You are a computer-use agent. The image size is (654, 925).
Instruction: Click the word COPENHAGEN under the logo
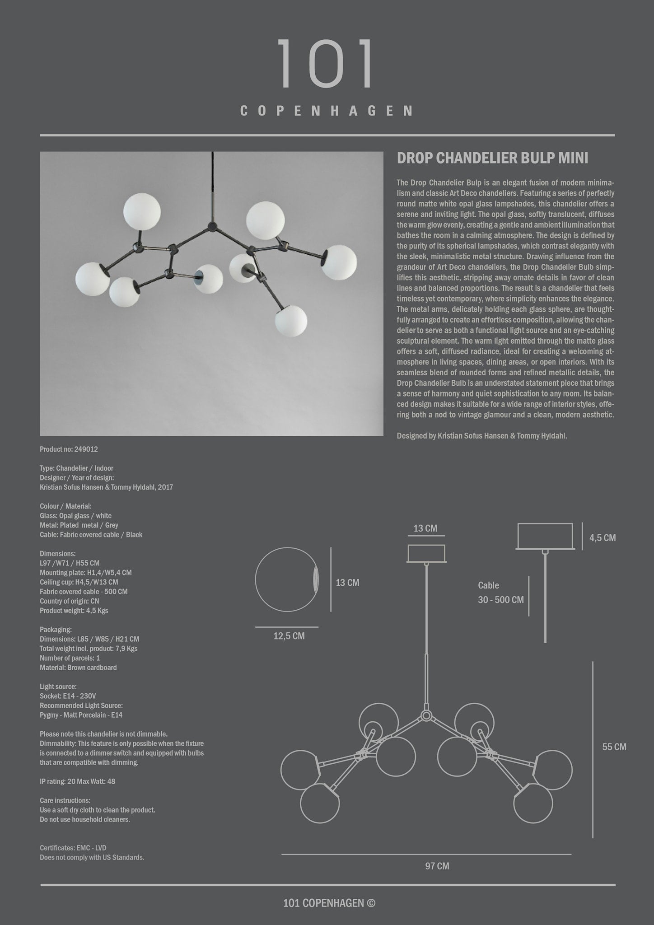pyautogui.click(x=326, y=111)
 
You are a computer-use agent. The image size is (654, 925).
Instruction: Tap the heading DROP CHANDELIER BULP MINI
pyautogui.click(x=492, y=158)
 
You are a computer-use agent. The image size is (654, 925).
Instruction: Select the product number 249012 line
pyautogui.click(x=69, y=449)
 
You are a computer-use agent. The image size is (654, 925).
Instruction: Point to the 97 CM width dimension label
pyautogui.click(x=437, y=866)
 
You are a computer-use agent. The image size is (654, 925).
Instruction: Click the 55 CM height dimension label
pyautogui.click(x=614, y=747)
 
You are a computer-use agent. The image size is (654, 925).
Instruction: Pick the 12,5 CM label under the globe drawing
pyautogui.click(x=289, y=636)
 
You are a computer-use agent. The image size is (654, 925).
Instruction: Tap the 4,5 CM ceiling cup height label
pyautogui.click(x=602, y=537)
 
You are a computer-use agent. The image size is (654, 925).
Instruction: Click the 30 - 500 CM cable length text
pyautogui.click(x=501, y=600)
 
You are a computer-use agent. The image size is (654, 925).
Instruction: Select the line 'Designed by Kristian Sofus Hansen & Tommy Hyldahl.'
pyautogui.click(x=481, y=436)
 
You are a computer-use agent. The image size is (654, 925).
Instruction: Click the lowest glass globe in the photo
pyautogui.click(x=291, y=321)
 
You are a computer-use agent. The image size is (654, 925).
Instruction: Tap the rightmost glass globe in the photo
pyautogui.click(x=339, y=262)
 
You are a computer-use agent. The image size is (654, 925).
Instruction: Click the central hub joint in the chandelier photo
pyautogui.click(x=211, y=226)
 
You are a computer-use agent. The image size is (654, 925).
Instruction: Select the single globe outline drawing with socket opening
pyautogui.click(x=286, y=579)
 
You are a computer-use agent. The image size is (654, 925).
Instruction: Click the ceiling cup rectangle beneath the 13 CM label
pyautogui.click(x=426, y=553)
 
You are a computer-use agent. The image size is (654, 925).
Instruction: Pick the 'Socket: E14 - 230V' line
pyautogui.click(x=68, y=696)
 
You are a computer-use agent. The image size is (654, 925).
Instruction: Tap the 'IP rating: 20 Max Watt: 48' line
pyautogui.click(x=77, y=781)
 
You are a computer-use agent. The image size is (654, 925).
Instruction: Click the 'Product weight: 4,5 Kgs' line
pyautogui.click(x=74, y=611)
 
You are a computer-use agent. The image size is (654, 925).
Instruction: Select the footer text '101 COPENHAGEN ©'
pyautogui.click(x=329, y=903)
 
